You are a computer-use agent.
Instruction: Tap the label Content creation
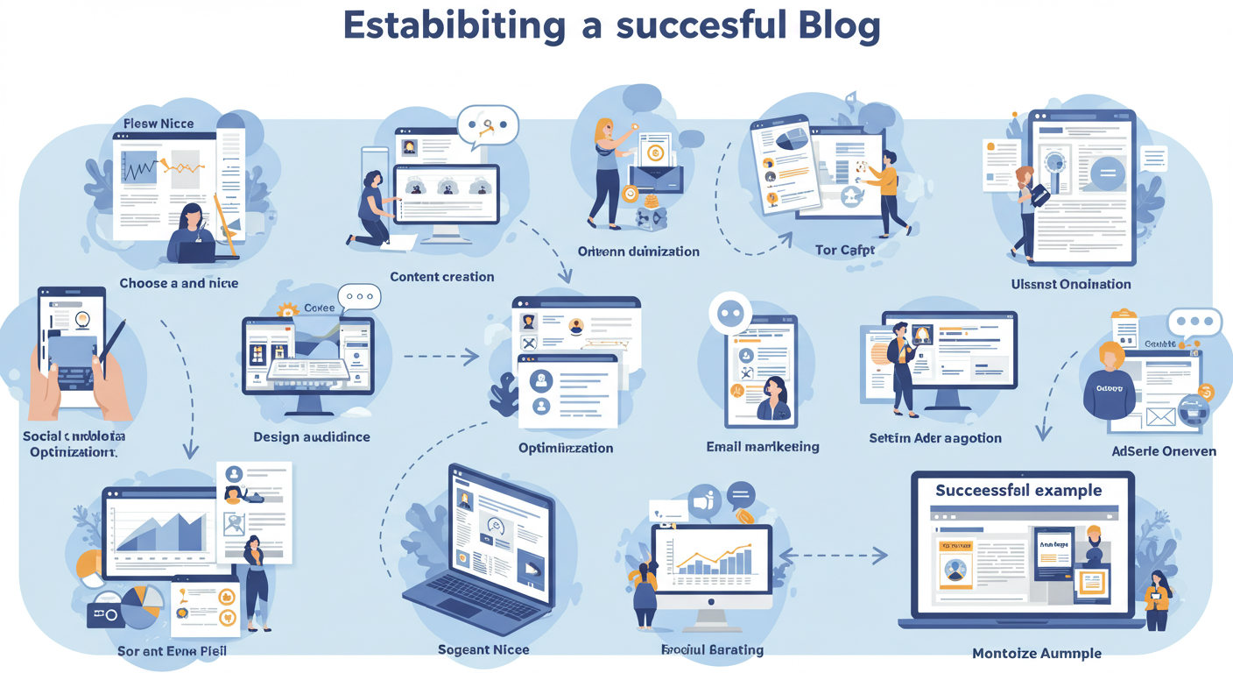(x=442, y=277)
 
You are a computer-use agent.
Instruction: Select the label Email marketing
(x=763, y=447)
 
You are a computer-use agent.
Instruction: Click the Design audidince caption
(x=312, y=436)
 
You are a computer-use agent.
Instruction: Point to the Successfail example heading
(x=1018, y=490)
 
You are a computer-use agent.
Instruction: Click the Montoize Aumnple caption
(x=1037, y=653)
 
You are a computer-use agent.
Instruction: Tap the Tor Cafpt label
(x=845, y=251)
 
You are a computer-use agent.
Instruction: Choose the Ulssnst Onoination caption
(x=1071, y=284)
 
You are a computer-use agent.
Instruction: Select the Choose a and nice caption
(x=179, y=283)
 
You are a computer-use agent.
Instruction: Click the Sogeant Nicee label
(x=483, y=650)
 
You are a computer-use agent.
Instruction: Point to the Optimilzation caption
(x=566, y=448)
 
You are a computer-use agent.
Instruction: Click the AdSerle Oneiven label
(x=1163, y=451)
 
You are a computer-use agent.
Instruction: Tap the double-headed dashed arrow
(x=833, y=555)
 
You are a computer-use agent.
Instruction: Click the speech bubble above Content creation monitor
(x=489, y=125)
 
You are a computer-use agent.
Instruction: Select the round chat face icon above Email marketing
(x=730, y=314)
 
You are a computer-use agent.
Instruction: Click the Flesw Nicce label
(x=159, y=124)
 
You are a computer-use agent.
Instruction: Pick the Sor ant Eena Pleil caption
(x=172, y=652)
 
